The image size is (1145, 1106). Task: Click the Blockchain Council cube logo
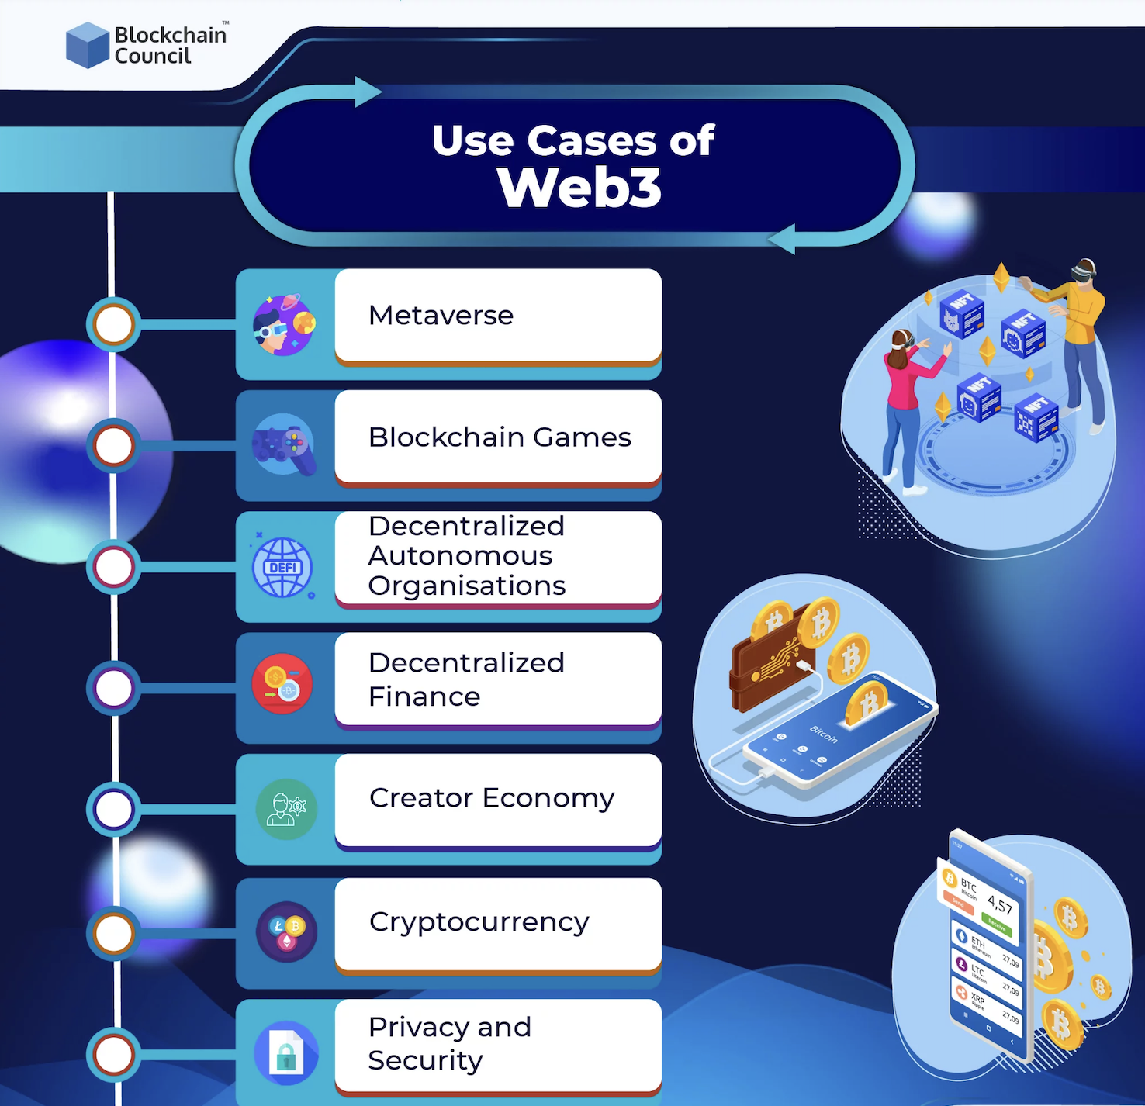(x=87, y=45)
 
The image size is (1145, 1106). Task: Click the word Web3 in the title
(x=579, y=188)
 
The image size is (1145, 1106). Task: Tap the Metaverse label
(x=441, y=316)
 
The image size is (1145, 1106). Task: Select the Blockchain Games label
(x=500, y=437)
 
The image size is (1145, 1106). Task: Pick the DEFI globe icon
(x=283, y=568)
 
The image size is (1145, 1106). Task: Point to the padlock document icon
(x=286, y=1053)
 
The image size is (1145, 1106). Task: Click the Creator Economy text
(x=492, y=798)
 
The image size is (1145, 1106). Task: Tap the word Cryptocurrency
(x=479, y=922)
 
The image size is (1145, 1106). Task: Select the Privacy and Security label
(x=450, y=1043)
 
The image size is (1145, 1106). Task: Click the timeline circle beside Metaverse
(x=114, y=324)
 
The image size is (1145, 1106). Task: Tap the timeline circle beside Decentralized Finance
(x=114, y=688)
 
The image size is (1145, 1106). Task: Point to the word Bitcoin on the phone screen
(x=824, y=734)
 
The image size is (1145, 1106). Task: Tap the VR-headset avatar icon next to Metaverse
(x=283, y=324)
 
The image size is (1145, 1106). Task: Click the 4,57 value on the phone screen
(x=1000, y=904)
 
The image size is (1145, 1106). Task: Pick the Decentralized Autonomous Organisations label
(x=467, y=556)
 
